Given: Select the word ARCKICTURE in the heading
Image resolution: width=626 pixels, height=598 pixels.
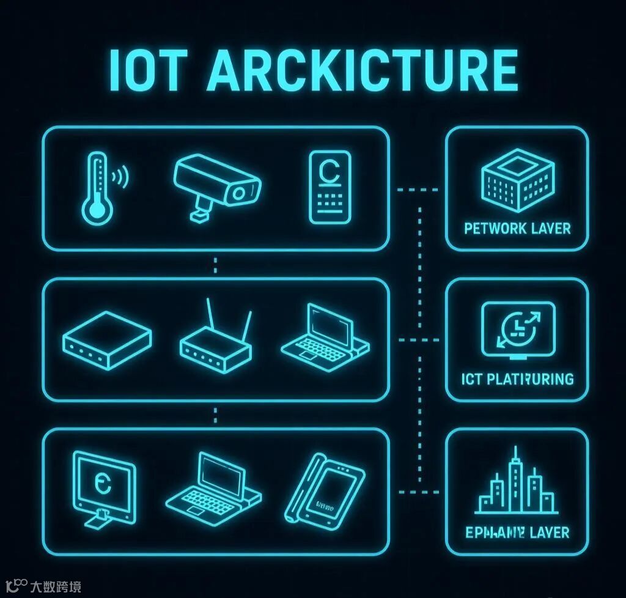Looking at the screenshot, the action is click(x=363, y=71).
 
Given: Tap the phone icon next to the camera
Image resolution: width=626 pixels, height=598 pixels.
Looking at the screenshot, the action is click(x=330, y=188).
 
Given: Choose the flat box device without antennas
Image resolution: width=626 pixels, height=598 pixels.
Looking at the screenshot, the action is click(x=107, y=339).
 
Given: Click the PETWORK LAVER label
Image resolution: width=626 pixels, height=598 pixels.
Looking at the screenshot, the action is click(x=517, y=229).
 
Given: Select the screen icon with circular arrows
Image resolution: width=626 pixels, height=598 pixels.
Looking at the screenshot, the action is click(x=518, y=330).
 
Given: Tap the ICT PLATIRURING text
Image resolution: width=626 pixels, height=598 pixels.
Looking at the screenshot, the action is click(x=518, y=379).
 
